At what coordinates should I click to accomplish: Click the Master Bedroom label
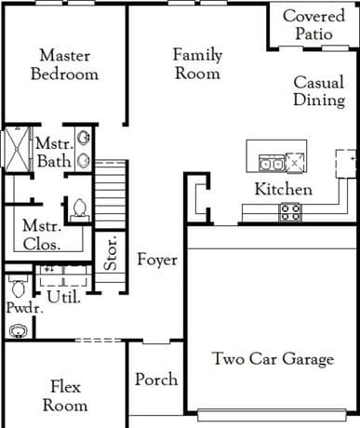click(x=64, y=65)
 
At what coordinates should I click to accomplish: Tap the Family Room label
click(x=197, y=64)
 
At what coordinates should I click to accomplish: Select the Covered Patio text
click(x=313, y=24)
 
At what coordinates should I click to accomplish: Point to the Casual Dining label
click(x=319, y=91)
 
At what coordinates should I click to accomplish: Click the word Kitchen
click(x=284, y=189)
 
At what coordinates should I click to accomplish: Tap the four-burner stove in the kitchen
click(x=290, y=212)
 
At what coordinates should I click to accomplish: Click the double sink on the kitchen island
click(x=272, y=163)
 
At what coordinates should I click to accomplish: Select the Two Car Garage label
click(x=273, y=359)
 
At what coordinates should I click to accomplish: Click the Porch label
click(x=156, y=379)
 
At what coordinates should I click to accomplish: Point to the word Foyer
click(x=157, y=260)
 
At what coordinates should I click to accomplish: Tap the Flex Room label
click(x=65, y=396)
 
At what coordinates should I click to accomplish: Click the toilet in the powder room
click(x=19, y=286)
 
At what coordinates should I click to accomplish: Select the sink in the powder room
click(x=19, y=331)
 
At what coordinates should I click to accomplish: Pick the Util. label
click(x=64, y=297)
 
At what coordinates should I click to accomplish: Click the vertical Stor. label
click(x=111, y=252)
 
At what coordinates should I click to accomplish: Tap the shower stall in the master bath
click(x=18, y=149)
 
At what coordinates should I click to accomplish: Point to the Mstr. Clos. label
click(x=42, y=235)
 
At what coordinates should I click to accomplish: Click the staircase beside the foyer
click(x=111, y=194)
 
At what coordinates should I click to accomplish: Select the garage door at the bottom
click(x=272, y=415)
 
